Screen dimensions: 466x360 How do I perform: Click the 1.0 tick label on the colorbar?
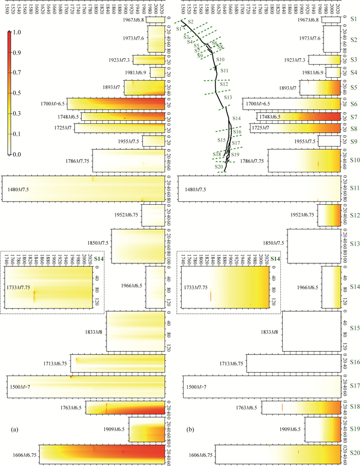click(17, 32)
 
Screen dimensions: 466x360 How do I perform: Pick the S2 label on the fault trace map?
click(190, 21)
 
